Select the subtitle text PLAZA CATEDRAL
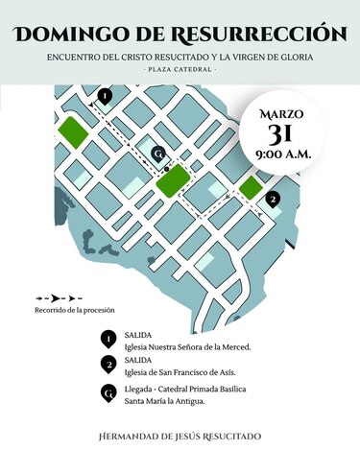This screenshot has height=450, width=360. pos(180,71)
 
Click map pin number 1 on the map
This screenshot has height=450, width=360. pos(105,96)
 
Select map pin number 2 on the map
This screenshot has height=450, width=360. pos(274,199)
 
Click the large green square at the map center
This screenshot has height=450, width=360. pos(173,180)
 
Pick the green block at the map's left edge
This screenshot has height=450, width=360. pos(72,130)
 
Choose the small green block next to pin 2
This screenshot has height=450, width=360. pos(251,187)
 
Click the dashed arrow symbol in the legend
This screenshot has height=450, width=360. pos(59,298)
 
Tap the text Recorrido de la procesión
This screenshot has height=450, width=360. pos(75,310)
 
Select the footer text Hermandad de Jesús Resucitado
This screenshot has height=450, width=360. pos(180,437)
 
